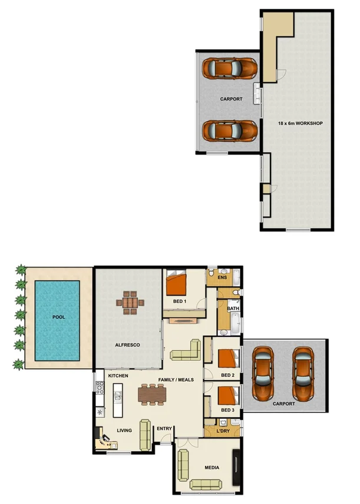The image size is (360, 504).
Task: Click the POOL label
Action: (58, 317)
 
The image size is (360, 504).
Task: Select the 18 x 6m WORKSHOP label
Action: (300, 123)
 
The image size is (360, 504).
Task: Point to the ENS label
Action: (222, 277)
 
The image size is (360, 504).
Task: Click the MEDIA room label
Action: (212, 467)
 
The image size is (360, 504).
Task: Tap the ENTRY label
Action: (164, 429)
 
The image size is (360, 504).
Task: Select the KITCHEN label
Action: (118, 375)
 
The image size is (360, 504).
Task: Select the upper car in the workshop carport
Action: (230, 69)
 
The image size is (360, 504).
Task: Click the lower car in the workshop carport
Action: (230, 130)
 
